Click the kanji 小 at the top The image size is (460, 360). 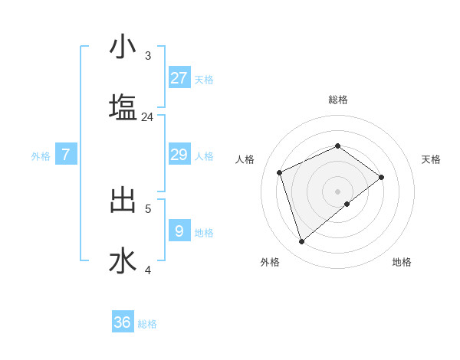(x=123, y=47)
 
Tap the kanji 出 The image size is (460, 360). (x=123, y=201)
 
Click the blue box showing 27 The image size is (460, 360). (x=179, y=77)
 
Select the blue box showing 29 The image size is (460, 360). (x=179, y=155)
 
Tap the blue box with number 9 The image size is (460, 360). (x=179, y=231)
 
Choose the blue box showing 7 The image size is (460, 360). (x=66, y=155)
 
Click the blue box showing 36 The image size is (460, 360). (x=123, y=322)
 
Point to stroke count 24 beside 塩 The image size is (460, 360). (x=147, y=117)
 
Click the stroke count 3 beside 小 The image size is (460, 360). (x=148, y=55)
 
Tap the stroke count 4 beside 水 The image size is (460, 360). (x=148, y=270)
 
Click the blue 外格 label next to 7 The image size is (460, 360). (x=41, y=156)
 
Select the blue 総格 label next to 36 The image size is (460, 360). (x=147, y=324)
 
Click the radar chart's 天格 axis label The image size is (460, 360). (x=431, y=159)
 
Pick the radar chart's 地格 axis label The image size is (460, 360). (x=402, y=262)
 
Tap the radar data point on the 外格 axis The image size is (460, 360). (x=301, y=242)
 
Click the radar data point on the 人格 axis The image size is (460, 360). (x=280, y=172)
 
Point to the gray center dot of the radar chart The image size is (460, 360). (x=337, y=190)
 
